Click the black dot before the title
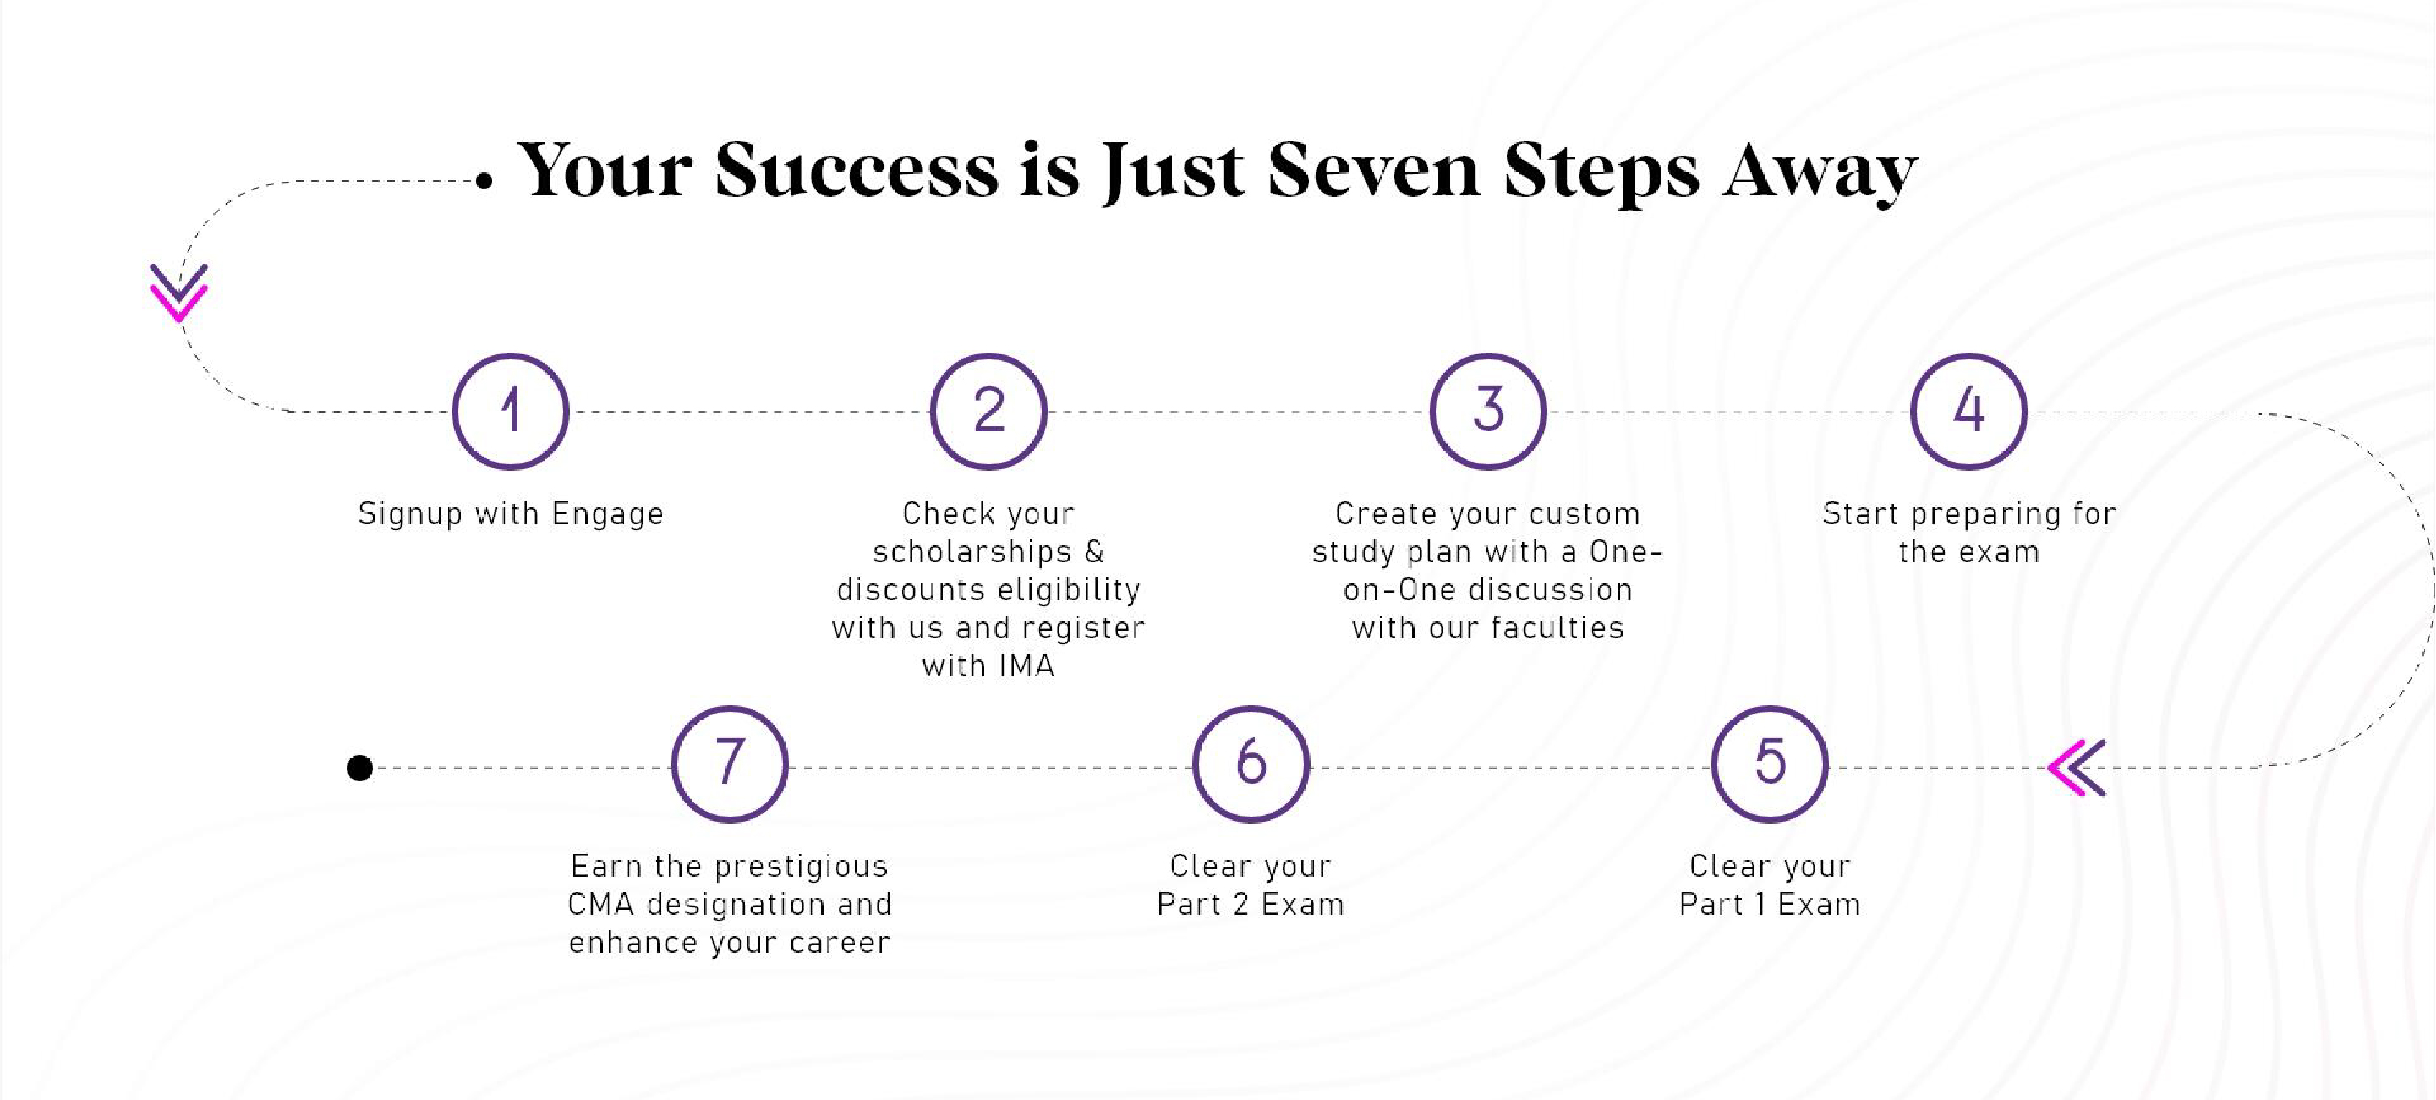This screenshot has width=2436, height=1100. coord(484,181)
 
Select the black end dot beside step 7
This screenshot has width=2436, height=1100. coord(359,768)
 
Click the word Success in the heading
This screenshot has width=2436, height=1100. coord(857,170)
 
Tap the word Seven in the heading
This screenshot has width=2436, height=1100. coord(1373,170)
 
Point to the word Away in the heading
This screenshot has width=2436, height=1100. coord(1820,174)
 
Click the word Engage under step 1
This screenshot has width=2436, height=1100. coord(607,515)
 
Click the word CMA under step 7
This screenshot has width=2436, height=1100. coord(600,904)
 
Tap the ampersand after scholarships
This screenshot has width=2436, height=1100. coord(1093,551)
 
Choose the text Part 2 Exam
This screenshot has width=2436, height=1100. coord(1251,904)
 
